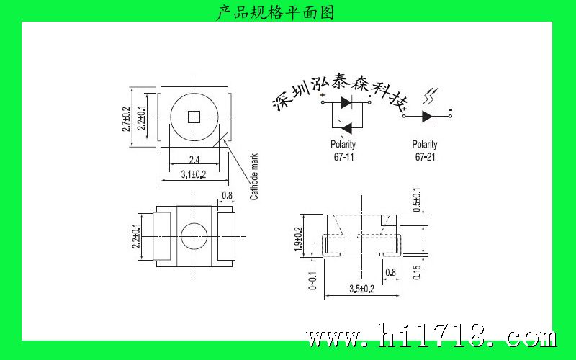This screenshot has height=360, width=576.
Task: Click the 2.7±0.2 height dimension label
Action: click(x=126, y=120)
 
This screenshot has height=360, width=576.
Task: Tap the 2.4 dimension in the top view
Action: click(x=194, y=160)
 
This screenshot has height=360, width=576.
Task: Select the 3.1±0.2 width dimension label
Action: click(x=194, y=174)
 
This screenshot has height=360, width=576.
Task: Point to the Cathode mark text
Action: click(x=254, y=176)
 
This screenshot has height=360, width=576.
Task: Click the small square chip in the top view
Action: click(x=194, y=117)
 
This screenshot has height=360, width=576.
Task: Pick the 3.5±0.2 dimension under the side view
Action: click(x=362, y=289)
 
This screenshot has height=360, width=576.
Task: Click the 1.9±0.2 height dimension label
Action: click(x=298, y=240)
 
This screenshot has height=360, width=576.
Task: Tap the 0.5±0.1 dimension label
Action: click(x=417, y=200)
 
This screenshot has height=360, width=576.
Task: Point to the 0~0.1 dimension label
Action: click(x=312, y=280)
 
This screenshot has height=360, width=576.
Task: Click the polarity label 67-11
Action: click(x=343, y=157)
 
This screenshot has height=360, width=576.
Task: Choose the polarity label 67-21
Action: click(x=425, y=157)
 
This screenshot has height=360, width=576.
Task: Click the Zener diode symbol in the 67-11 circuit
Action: click(x=346, y=128)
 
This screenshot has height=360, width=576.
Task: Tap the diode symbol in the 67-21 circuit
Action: click(x=428, y=117)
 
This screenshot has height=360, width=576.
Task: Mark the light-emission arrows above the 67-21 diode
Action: click(x=430, y=96)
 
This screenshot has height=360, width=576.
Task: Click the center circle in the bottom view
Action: click(x=194, y=236)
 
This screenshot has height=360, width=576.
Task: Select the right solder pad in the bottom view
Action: click(x=226, y=236)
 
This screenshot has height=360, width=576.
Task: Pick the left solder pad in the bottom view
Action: click(x=161, y=236)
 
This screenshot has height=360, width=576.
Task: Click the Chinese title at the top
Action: click(x=275, y=12)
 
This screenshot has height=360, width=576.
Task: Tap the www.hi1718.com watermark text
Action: click(x=431, y=336)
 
